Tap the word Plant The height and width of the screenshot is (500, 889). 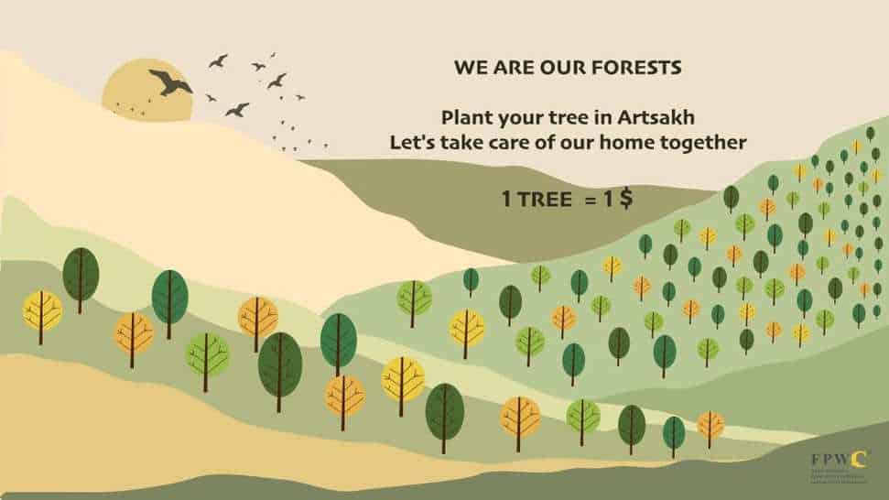click(463, 118)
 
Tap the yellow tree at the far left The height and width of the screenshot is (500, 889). click(42, 311)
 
